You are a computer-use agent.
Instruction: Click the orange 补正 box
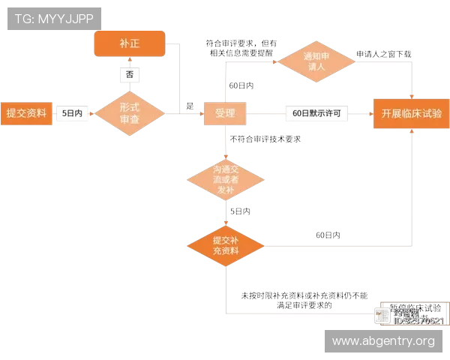[129, 43]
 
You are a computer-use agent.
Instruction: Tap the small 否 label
[130, 75]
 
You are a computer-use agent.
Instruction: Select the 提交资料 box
[26, 113]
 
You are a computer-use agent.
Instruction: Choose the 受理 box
[225, 113]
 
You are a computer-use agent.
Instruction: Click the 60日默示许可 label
[316, 113]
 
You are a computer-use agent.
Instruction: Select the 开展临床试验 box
[411, 113]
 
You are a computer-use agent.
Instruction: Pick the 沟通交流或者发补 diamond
[225, 180]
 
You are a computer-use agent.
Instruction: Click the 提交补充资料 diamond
[225, 245]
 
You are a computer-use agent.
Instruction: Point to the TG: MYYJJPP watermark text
[53, 17]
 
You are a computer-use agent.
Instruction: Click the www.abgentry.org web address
[383, 341]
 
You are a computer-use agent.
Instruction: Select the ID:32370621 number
[418, 321]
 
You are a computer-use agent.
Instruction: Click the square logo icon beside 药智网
[382, 315]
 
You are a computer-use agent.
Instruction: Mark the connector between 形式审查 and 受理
[184, 114]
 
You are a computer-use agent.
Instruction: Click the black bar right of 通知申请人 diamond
[383, 52]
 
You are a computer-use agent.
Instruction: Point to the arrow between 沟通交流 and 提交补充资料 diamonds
[225, 213]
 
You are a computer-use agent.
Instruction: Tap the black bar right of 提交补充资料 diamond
[326, 233]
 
